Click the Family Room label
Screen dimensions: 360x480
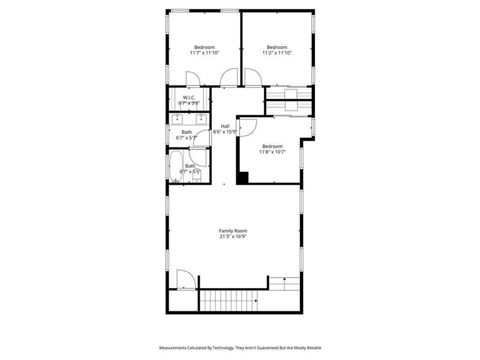(x=233, y=231)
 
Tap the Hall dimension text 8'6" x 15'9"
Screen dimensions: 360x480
(x=226, y=132)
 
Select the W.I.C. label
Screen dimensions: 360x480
(x=189, y=97)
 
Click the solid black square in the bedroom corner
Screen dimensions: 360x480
(x=243, y=178)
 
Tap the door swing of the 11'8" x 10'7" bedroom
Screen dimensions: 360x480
(x=247, y=127)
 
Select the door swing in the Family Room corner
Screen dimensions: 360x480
(x=185, y=279)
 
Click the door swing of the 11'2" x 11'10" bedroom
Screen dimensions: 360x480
(x=252, y=77)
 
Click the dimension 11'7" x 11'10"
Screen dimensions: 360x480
(x=205, y=53)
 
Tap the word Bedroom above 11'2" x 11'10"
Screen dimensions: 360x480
(x=277, y=47)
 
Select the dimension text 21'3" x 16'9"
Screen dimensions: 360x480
(x=233, y=236)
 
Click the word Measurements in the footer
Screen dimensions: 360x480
(x=175, y=348)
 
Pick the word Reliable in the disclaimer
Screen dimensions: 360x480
(x=311, y=348)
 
